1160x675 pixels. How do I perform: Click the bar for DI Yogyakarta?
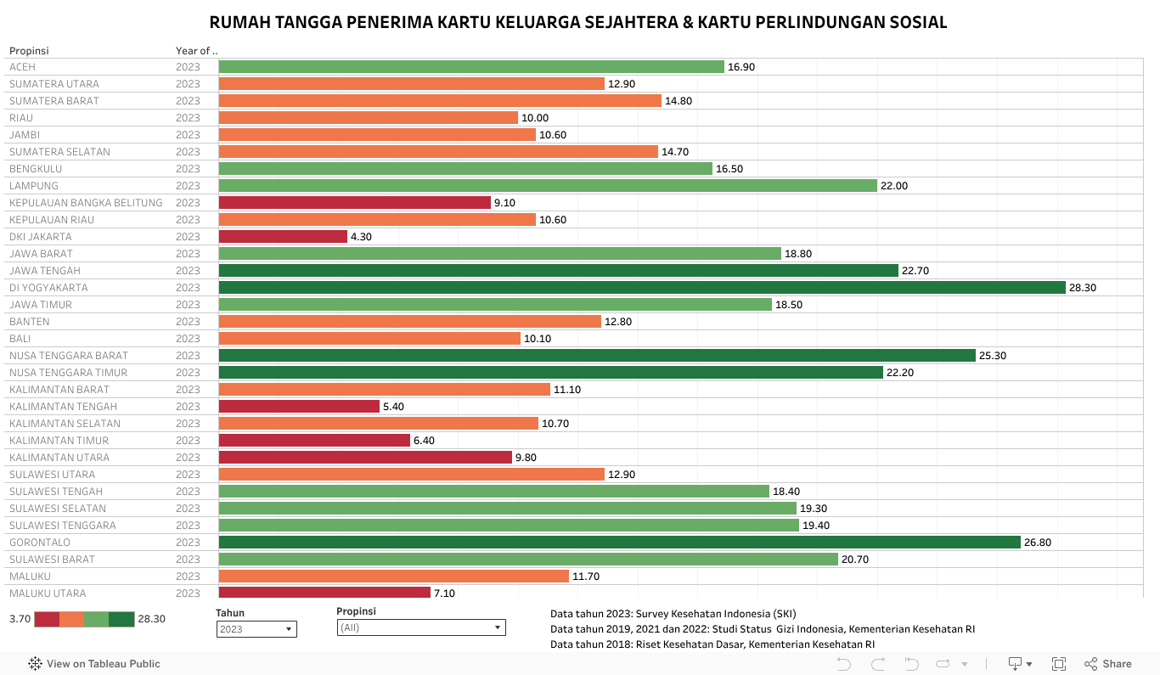click(641, 288)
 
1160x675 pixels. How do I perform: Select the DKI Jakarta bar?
click(283, 237)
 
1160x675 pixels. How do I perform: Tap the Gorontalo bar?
click(619, 543)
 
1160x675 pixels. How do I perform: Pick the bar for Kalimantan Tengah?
click(299, 407)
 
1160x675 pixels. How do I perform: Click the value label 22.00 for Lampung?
click(894, 186)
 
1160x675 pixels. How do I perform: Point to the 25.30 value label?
click(992, 356)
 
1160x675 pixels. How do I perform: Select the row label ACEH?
click(22, 67)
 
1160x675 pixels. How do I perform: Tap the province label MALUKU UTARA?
click(48, 593)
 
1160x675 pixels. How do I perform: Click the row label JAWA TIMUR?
click(41, 305)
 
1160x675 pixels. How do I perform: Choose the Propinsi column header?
click(29, 51)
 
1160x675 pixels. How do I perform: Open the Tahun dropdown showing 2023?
click(256, 629)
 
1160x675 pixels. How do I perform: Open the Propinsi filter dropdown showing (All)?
click(420, 627)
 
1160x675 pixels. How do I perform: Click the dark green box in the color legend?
click(121, 619)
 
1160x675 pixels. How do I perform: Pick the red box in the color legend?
click(47, 619)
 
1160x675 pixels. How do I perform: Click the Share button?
click(1108, 664)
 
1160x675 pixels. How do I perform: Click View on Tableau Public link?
click(94, 664)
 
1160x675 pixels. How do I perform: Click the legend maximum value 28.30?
click(151, 619)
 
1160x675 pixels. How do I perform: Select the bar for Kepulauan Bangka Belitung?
click(355, 203)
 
